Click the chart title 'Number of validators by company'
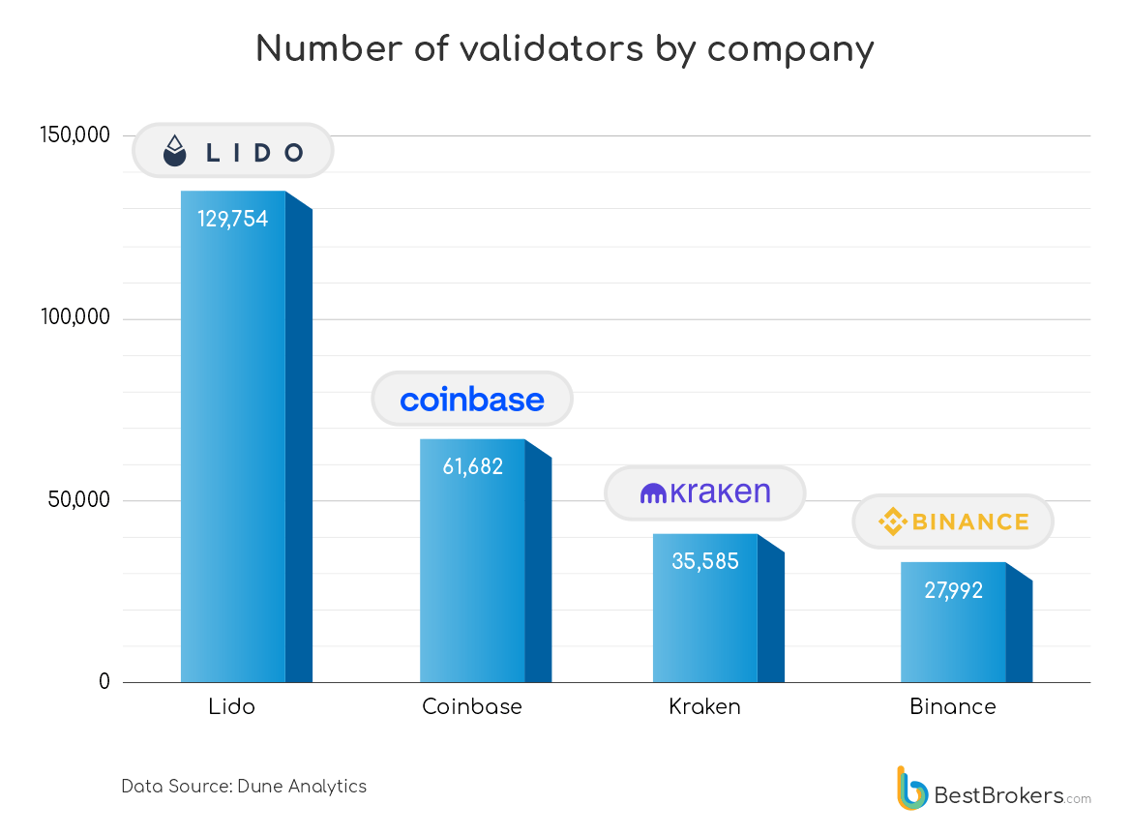pyautogui.click(x=565, y=48)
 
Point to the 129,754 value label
pyautogui.click(x=233, y=219)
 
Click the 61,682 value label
pyautogui.click(x=473, y=466)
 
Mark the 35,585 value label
pyautogui.click(x=705, y=561)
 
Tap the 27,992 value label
pyautogui.click(x=953, y=590)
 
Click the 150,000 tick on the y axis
pyautogui.click(x=75, y=135)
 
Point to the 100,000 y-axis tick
pyautogui.click(x=75, y=318)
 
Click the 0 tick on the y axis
pyautogui.click(x=104, y=682)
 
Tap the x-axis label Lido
pyautogui.click(x=232, y=706)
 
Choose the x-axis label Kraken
pyautogui.click(x=705, y=706)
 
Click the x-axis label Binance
pyautogui.click(x=953, y=706)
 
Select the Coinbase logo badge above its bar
pyautogui.click(x=472, y=399)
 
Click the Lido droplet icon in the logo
pyautogui.click(x=174, y=150)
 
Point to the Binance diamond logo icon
pyautogui.click(x=892, y=522)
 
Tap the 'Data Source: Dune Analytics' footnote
pyautogui.click(x=244, y=786)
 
